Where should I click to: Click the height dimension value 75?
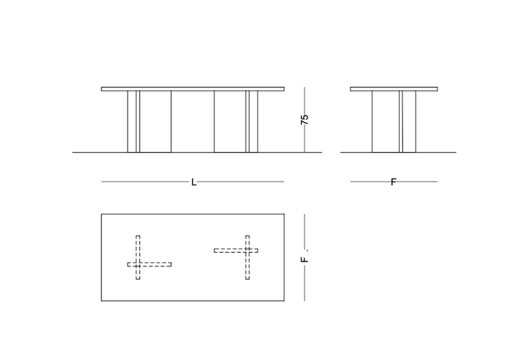tap(304, 119)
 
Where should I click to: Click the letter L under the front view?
tap(194, 182)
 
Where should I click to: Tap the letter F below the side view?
tap(393, 182)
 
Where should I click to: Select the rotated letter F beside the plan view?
tap(304, 260)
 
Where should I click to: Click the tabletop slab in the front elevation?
tap(192, 89)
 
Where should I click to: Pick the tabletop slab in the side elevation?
tap(394, 89)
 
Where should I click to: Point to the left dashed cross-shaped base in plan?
tap(149, 257)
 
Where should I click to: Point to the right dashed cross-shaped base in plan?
tap(236, 257)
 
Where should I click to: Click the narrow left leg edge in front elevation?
tap(138, 121)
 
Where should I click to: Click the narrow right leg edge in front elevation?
tap(248, 121)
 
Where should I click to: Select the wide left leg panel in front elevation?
tap(149, 121)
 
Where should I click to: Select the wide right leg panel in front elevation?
tap(236, 121)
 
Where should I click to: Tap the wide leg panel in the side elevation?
tap(394, 121)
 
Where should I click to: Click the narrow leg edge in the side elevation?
tap(401, 121)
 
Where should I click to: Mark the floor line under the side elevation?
tap(398, 152)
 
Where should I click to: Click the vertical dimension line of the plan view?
tap(304, 257)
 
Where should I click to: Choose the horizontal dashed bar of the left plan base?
tap(149, 264)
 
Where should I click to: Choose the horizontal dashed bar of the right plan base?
tap(236, 251)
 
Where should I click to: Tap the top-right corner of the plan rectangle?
tap(284, 214)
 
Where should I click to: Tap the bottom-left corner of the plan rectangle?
tap(101, 300)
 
